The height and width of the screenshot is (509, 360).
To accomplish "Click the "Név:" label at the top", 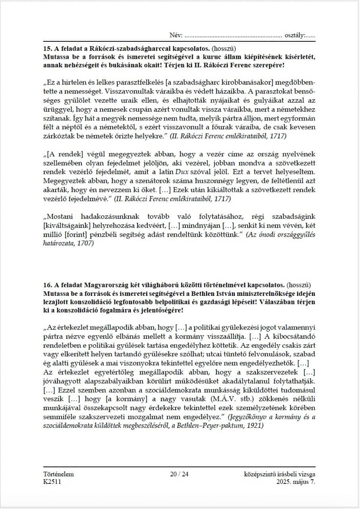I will pos(176,36).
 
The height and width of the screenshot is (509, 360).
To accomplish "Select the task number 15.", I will pos(47,49).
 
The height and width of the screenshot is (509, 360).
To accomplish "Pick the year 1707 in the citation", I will pos(85,243).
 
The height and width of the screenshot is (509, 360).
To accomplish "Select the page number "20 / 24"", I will pos(179,474).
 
